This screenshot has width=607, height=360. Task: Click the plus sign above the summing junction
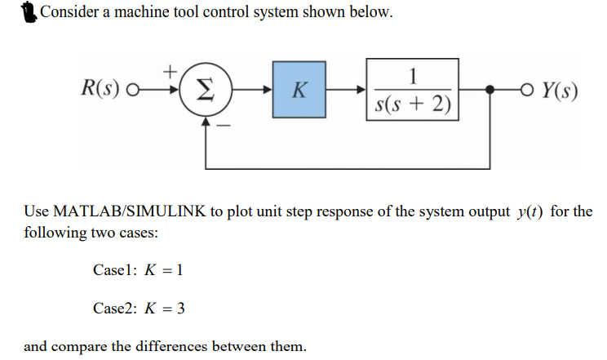pyautogui.click(x=171, y=72)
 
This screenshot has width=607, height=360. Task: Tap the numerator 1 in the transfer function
pyautogui.click(x=413, y=78)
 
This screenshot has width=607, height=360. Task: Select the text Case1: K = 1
pyautogui.click(x=140, y=270)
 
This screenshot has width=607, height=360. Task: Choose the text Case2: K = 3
pyautogui.click(x=141, y=308)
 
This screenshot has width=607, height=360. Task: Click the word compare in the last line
pyautogui.click(x=79, y=346)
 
